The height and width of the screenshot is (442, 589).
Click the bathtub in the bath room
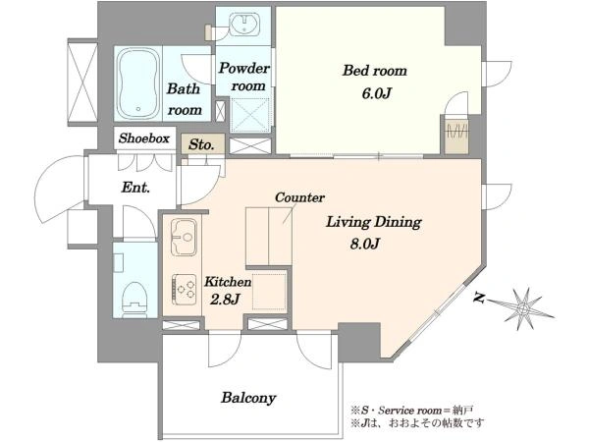[137, 83]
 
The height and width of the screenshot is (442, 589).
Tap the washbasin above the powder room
[244, 24]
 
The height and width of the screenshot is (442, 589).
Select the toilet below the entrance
[134, 298]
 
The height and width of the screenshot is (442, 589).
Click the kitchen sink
[184, 238]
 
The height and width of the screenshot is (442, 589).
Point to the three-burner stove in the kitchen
[185, 290]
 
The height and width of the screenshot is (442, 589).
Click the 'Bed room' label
[375, 71]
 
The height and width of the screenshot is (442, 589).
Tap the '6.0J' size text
[376, 93]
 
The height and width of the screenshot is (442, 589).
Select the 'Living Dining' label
[373, 222]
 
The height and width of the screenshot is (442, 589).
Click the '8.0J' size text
[365, 245]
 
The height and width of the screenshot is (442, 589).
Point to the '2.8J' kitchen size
[225, 300]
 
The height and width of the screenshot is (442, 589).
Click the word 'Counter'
[299, 197]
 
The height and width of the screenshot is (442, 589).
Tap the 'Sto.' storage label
[201, 144]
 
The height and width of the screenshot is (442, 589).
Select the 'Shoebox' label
[144, 138]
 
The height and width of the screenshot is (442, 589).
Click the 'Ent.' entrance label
[135, 188]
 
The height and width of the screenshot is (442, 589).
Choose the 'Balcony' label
[248, 398]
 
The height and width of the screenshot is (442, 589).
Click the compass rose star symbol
[523, 308]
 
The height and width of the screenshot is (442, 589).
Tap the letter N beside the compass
[478, 298]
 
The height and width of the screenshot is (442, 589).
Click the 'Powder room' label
[244, 77]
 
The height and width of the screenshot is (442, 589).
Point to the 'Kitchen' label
[228, 282]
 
